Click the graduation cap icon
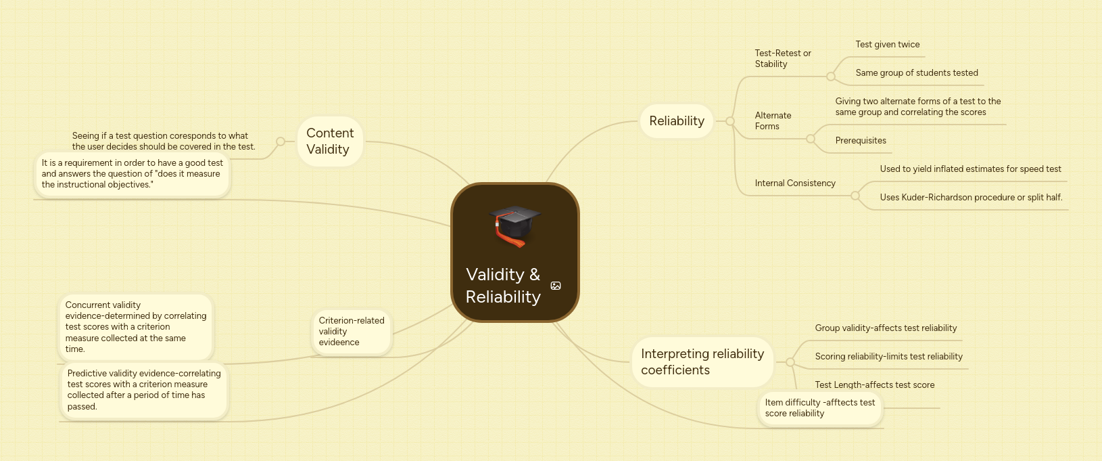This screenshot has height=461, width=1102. [x=515, y=225]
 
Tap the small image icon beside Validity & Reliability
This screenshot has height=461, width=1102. [x=556, y=286]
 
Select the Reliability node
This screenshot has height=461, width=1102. [x=676, y=121]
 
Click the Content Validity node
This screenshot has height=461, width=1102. [x=330, y=141]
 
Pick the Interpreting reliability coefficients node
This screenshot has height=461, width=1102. [x=702, y=362]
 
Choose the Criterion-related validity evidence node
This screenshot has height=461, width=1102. [x=352, y=332]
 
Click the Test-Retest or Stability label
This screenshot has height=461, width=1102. [x=783, y=58]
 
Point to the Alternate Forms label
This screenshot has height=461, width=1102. [x=773, y=120]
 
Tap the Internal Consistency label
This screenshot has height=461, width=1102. [x=795, y=183]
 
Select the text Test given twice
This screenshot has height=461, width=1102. [x=887, y=45]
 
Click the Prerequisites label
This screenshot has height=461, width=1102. [x=861, y=141]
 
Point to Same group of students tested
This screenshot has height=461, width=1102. [x=916, y=73]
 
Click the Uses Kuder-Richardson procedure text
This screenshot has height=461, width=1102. [x=971, y=198]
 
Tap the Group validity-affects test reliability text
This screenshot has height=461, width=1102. [x=886, y=328]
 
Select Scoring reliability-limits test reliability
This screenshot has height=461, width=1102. [x=888, y=357]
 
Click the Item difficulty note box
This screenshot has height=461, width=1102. [x=819, y=408]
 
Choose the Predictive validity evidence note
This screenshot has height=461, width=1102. [x=144, y=390]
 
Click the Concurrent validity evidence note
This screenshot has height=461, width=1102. [x=135, y=327]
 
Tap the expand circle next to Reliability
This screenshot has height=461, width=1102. [x=730, y=121]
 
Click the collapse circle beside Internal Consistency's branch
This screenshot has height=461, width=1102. [x=855, y=196]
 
